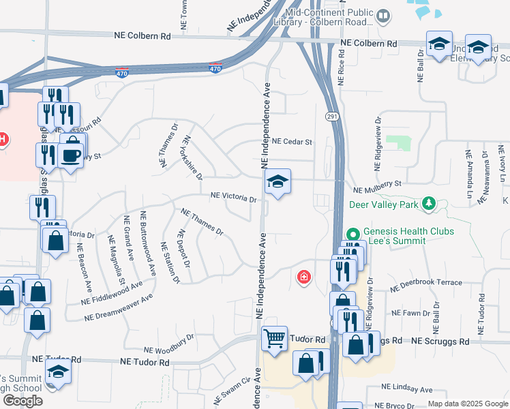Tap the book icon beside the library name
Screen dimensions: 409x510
384,14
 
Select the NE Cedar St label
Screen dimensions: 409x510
291,142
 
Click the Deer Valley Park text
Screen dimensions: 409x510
385,204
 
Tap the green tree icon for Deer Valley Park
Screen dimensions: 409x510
428,203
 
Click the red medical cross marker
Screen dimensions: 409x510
303,277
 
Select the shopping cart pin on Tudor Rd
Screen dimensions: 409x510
274,337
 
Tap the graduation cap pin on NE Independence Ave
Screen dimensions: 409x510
277,182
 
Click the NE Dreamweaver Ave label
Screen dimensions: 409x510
118,308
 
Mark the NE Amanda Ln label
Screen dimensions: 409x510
469,175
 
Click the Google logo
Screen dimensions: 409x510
22,400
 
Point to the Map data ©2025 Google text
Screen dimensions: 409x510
467,404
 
